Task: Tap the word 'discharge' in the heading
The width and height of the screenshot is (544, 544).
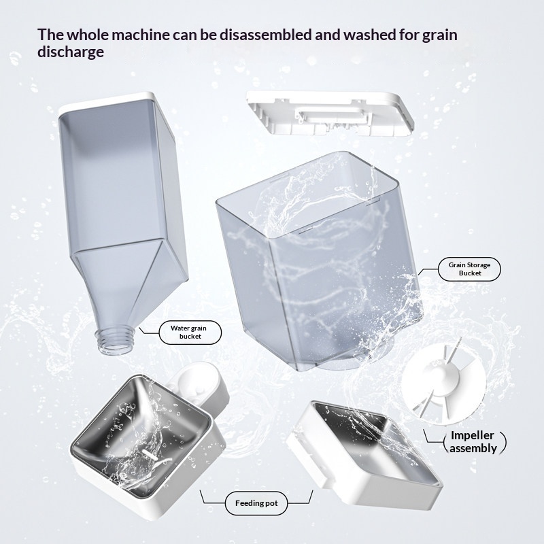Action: [71, 52]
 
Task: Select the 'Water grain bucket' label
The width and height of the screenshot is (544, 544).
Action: [190, 332]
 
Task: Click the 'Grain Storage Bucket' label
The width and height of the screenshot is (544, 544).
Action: [469, 269]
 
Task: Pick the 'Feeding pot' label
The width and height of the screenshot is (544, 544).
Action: [256, 503]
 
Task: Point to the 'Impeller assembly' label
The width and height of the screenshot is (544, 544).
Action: [473, 441]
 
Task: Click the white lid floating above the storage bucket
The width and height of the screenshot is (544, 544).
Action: [330, 113]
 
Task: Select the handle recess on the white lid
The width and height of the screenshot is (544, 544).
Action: [331, 117]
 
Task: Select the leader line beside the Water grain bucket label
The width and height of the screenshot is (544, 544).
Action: [148, 330]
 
